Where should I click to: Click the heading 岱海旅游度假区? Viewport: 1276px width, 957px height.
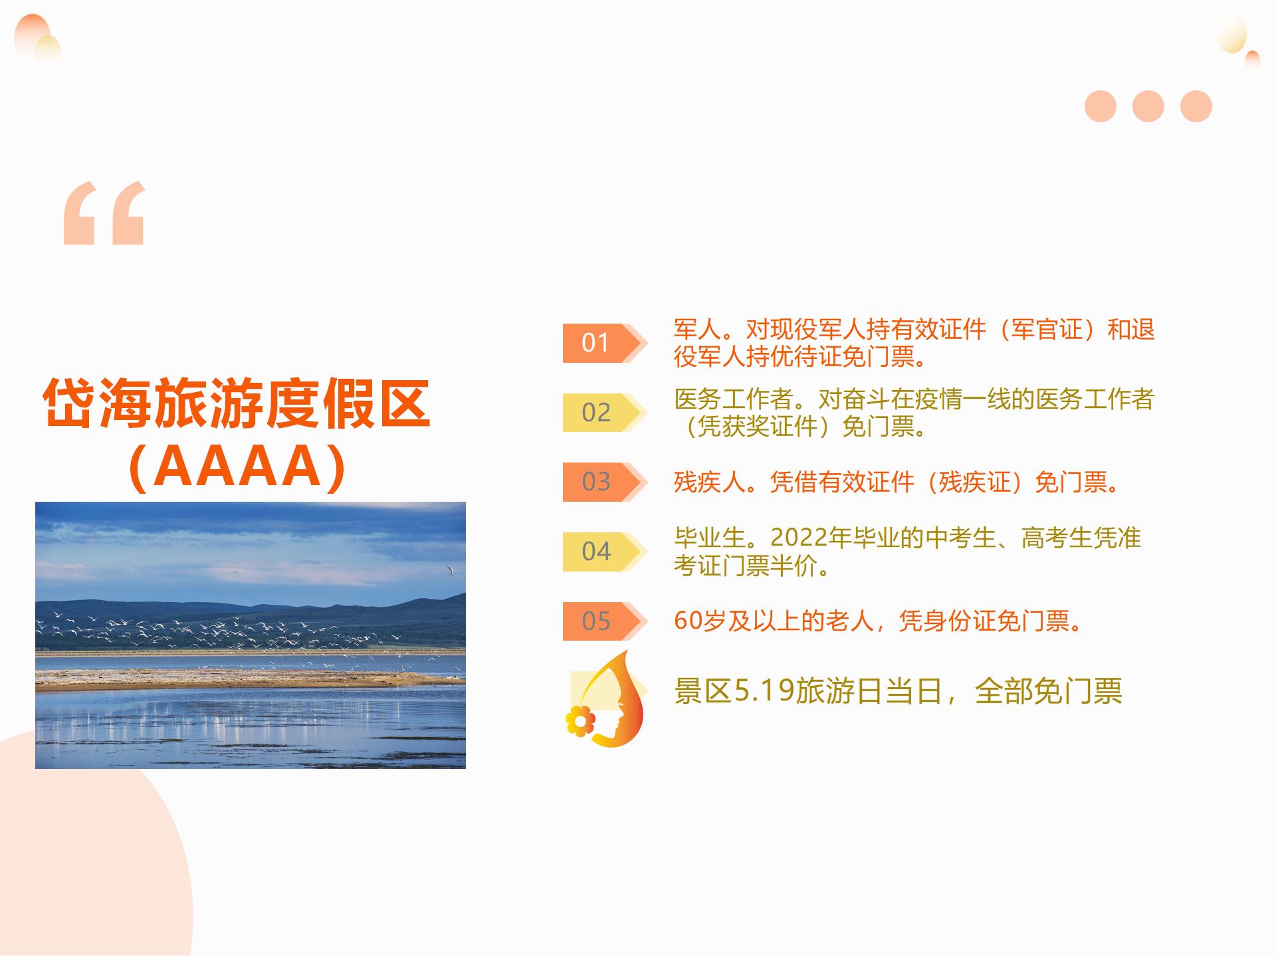tap(237, 404)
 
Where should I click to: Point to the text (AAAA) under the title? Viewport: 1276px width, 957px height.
tap(237, 467)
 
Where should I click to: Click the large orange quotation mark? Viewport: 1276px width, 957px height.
tap(104, 213)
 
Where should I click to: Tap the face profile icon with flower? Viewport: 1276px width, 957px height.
tap(606, 698)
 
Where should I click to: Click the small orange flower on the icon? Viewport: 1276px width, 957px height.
tap(580, 720)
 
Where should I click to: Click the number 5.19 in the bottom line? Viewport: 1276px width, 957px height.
tap(764, 691)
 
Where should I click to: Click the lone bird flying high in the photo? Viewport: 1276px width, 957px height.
tap(450, 570)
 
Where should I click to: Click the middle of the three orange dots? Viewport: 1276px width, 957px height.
tap(1148, 106)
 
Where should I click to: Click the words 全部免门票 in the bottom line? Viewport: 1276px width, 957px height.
tap(1048, 691)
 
